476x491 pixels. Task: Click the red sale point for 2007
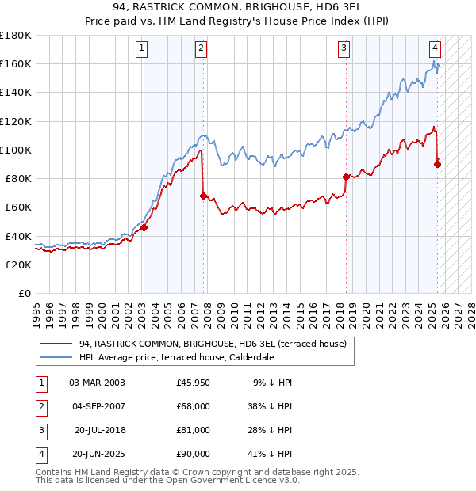coord(203,195)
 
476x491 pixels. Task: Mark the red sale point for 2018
coord(346,177)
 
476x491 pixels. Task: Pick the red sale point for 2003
coord(144,227)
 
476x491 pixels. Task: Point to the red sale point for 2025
coord(437,164)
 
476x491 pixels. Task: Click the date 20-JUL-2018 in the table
coord(99,430)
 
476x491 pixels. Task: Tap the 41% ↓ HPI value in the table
coord(271,454)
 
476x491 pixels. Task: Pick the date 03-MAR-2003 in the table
coord(97,383)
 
